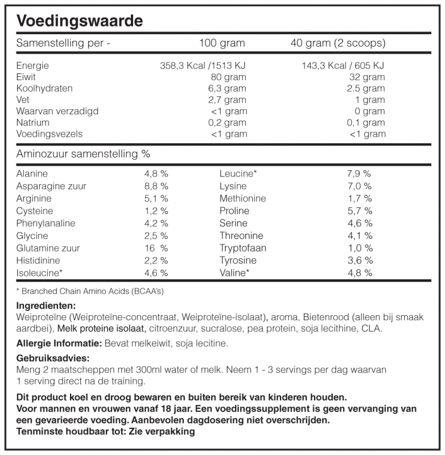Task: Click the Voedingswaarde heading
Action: pos(79,22)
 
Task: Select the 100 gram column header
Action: pos(222,43)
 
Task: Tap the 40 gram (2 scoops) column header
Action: pos(337,43)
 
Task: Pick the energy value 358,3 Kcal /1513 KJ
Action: pos(203,65)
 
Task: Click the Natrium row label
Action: pos(33,122)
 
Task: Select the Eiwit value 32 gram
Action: pos(367,77)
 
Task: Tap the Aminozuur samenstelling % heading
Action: pos(84,154)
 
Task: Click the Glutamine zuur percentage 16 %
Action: pos(156,248)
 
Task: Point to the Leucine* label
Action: pos(238,173)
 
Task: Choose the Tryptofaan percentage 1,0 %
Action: pos(360,248)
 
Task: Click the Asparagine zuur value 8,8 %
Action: pos(156,186)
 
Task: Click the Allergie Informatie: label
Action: pos(59,344)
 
